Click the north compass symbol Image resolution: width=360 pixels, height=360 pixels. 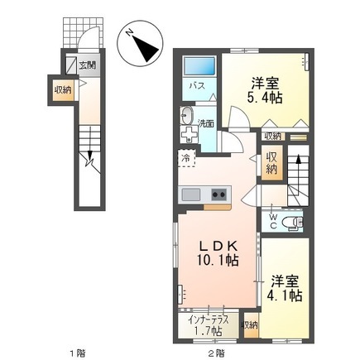140,44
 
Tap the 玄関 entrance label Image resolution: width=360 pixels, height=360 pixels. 88,65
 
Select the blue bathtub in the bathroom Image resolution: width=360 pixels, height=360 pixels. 199,66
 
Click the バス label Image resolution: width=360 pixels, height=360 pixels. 197,86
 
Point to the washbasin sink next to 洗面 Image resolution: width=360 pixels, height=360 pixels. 187,115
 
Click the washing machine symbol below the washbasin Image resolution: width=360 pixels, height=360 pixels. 189,134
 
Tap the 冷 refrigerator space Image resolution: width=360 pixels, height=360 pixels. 186,158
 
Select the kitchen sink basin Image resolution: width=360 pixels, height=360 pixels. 190,194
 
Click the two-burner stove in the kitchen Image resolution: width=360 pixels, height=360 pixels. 219,194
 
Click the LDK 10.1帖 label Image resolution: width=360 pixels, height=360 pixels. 218,253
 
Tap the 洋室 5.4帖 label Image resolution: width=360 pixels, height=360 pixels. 265,90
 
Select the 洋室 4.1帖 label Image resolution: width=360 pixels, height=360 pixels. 285,288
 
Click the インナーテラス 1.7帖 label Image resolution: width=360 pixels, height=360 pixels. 209,326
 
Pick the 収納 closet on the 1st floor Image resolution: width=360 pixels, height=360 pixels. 64,89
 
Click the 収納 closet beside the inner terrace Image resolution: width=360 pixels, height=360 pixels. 251,325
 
